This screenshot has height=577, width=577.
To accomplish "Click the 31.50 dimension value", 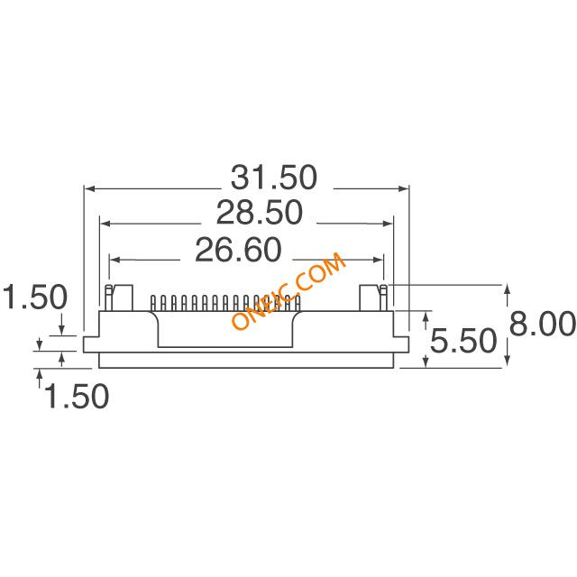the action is click(273, 178).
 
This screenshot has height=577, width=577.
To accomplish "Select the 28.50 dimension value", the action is click(259, 213).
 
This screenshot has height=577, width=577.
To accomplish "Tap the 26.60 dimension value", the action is click(238, 250).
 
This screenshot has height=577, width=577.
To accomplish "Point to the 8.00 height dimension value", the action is click(543, 324).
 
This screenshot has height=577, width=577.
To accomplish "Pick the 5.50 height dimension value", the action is click(463, 341).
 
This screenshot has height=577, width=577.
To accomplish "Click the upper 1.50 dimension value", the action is click(35, 297).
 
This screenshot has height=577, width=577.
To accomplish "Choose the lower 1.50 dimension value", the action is click(77, 396).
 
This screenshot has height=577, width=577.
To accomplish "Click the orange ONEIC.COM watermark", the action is click(288, 291).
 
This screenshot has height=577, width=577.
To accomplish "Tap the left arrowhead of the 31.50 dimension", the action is click(90, 188).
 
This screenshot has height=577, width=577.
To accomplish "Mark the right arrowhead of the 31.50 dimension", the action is click(403, 188).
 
